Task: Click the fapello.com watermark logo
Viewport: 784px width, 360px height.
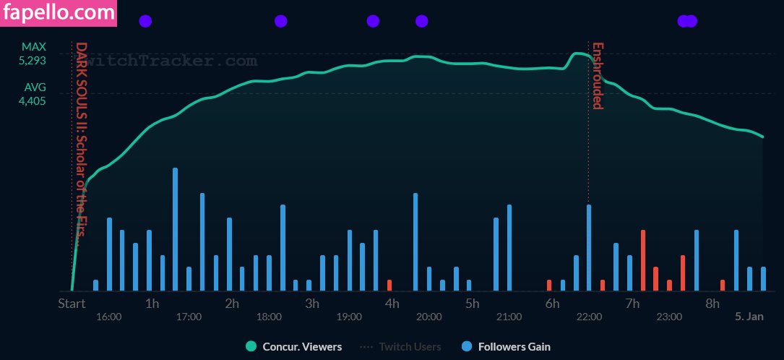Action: tap(59, 13)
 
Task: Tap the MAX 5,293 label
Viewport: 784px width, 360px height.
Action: tap(33, 53)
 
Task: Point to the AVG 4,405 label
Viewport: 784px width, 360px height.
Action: tap(33, 94)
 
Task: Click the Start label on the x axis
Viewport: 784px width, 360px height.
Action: tap(72, 304)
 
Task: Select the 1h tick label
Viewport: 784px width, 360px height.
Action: tap(152, 304)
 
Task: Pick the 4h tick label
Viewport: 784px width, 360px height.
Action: tap(392, 304)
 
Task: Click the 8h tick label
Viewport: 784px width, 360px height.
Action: tap(712, 304)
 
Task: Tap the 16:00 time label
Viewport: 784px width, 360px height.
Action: tap(108, 317)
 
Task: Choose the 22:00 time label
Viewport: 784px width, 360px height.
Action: tap(589, 317)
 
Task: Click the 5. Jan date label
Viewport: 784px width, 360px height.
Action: tap(749, 317)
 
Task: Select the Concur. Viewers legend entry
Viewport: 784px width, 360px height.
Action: tap(294, 347)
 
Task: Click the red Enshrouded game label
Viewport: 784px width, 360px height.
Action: tap(598, 76)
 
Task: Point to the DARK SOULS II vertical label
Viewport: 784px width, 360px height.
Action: tap(82, 145)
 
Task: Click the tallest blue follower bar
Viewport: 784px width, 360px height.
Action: tap(175, 229)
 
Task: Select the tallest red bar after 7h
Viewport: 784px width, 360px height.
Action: tap(642, 260)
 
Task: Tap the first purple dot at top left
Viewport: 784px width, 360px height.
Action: tap(145, 21)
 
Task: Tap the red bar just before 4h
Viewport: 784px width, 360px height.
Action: tap(389, 285)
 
